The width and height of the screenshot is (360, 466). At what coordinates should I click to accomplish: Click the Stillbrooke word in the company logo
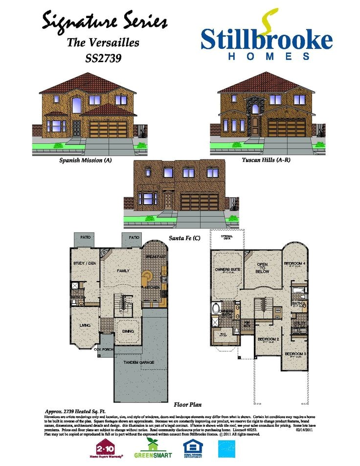pos(266,39)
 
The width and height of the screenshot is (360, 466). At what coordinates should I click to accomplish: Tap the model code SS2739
pos(103,58)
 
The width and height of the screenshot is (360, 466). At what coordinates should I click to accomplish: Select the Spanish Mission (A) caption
pos(86,160)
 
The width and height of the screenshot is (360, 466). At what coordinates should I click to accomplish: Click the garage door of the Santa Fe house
pos(200,202)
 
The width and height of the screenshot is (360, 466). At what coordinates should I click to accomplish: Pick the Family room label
pos(122,270)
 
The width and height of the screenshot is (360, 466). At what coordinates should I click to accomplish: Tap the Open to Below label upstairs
pos(263,267)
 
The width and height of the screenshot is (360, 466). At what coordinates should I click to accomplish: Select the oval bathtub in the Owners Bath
pos(216,309)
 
